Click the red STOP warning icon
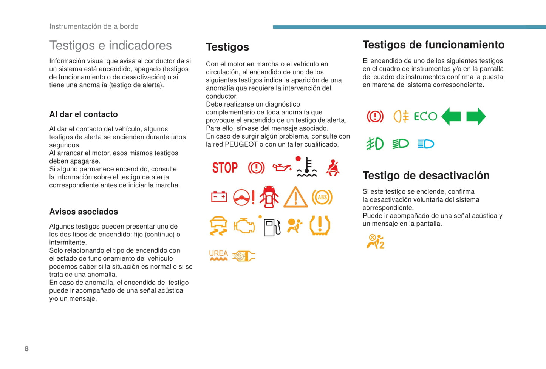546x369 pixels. click(x=225, y=167)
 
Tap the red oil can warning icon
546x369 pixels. click(x=282, y=167)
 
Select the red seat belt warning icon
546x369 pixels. click(x=333, y=168)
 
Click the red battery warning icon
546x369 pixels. click(x=219, y=197)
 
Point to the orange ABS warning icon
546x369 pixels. click(x=322, y=197)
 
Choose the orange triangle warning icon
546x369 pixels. click(x=295, y=197)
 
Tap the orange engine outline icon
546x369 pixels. click(x=244, y=226)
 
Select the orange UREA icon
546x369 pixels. click(x=218, y=256)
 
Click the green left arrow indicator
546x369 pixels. click(x=451, y=116)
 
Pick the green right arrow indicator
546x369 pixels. click(x=476, y=116)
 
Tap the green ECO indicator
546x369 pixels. click(x=425, y=116)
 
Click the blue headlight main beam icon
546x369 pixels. click(x=426, y=144)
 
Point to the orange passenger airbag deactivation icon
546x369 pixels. click(x=375, y=241)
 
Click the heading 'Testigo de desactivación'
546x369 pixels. click(x=426, y=176)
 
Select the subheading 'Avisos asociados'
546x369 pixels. click(x=84, y=212)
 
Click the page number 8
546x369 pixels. click(x=26, y=349)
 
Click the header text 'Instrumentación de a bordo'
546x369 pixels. click(x=94, y=26)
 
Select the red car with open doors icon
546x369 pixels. click(x=269, y=197)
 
